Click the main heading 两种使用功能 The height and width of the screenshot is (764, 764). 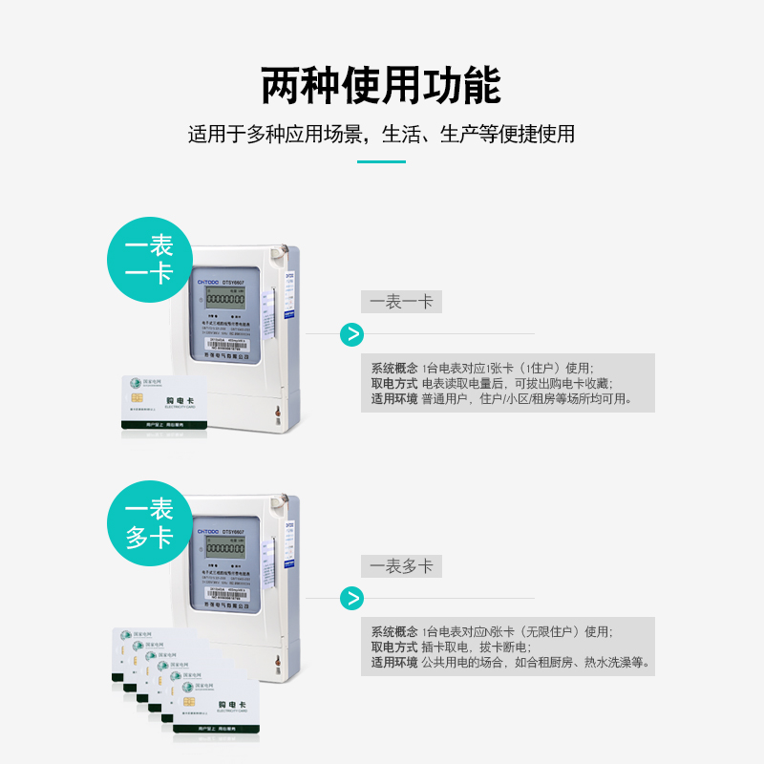pos(381,86)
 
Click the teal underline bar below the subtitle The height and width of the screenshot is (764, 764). pos(381,161)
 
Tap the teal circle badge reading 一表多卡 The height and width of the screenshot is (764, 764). pos(149,522)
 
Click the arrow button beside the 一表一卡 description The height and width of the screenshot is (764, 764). pos(352,334)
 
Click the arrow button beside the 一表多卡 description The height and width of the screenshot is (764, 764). pos(352,599)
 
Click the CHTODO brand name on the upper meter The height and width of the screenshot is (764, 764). pos(208,283)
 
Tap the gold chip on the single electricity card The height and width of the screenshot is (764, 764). pos(137,397)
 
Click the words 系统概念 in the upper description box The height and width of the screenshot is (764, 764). pos(393,368)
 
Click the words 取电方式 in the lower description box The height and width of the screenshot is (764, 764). pos(393,647)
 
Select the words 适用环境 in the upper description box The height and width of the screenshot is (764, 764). pos(393,398)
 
